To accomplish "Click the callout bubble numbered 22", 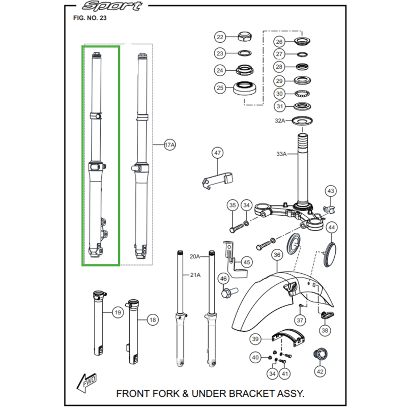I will [x=220, y=37].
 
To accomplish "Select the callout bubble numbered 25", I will [x=220, y=88].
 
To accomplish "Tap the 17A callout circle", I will [x=169, y=146].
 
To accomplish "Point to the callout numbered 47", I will [x=218, y=153].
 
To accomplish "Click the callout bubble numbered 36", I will [x=277, y=255].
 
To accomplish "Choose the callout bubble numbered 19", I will [x=118, y=312].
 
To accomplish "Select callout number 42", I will [x=319, y=372].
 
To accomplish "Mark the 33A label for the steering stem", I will [x=281, y=154].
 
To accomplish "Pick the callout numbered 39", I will [x=255, y=339].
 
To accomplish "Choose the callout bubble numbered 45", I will [x=247, y=263].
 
